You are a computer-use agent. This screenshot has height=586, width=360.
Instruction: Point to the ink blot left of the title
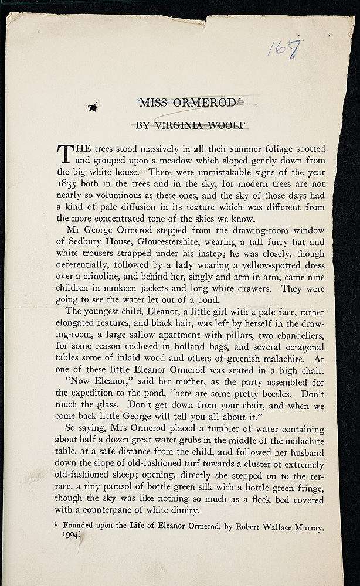(93, 107)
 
